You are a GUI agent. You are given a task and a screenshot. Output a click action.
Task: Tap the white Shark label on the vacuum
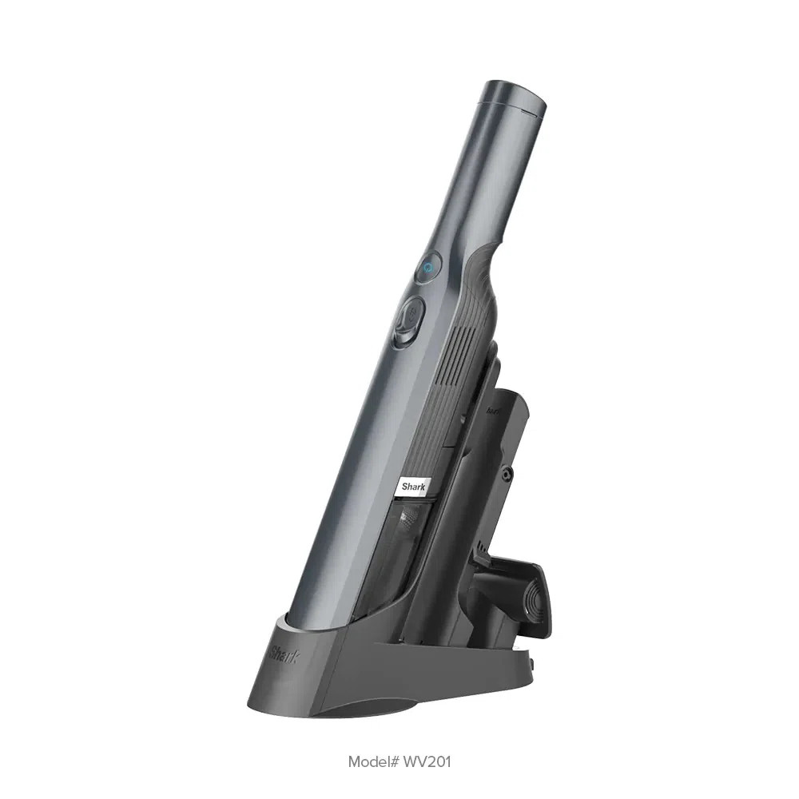click(415, 485)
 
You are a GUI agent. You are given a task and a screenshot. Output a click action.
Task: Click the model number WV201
click(427, 761)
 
